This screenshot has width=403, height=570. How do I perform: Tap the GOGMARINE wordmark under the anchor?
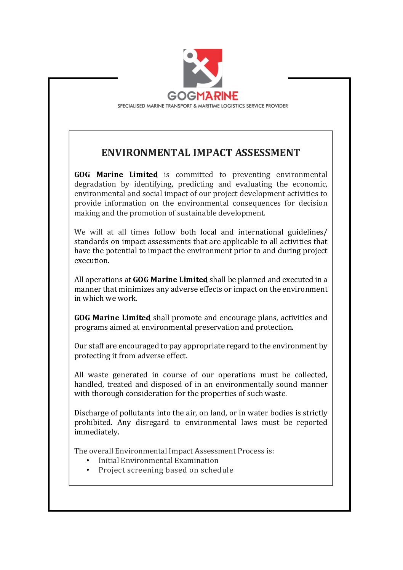click(x=203, y=96)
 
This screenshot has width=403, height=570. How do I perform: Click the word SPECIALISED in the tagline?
click(x=131, y=106)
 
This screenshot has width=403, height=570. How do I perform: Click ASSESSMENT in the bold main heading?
click(x=267, y=153)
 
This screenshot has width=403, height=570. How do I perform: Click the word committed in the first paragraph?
click(x=194, y=175)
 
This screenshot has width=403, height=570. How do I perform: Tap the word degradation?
click(x=95, y=184)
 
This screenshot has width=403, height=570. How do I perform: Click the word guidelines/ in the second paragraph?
click(x=307, y=232)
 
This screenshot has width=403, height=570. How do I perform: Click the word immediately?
click(x=97, y=432)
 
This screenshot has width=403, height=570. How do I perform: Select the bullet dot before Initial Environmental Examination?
click(x=88, y=461)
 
